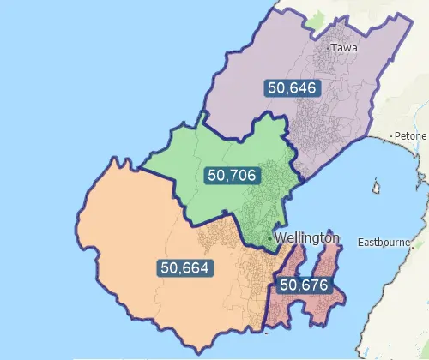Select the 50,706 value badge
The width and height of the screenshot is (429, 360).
233,176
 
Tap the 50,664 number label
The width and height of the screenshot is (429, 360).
185,267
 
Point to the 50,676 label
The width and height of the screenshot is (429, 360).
305,284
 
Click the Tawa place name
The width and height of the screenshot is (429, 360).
344,48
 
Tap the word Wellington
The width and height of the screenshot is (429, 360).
308,237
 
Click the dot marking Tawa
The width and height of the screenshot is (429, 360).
329,49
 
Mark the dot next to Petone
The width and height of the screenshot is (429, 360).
390,136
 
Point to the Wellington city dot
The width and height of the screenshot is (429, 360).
272,237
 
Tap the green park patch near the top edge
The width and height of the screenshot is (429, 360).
319,19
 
